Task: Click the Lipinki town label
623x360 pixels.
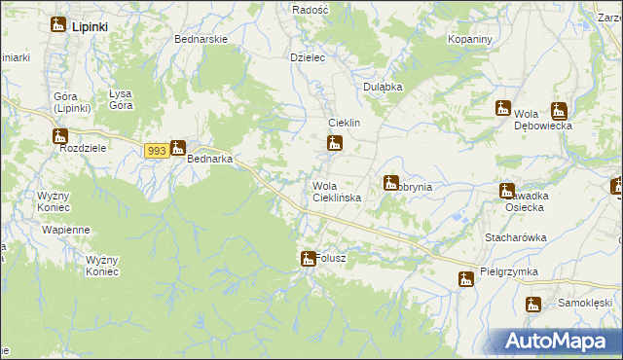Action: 90,27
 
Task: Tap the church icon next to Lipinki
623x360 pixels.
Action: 58,25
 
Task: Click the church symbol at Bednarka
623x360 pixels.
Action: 177,149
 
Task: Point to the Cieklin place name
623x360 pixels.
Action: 345,124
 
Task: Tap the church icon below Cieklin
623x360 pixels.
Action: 335,145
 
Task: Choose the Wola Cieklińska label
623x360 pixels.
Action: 337,192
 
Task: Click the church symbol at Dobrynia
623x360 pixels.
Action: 391,182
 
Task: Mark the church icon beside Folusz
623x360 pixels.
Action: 307,258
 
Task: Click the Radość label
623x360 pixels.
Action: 311,8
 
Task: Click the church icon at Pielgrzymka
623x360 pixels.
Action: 466,279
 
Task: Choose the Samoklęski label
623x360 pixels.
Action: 584,303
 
